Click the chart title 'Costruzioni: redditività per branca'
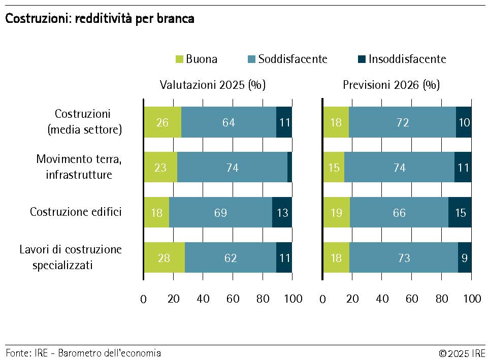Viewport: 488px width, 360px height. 100,19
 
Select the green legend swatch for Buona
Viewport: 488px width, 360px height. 179,59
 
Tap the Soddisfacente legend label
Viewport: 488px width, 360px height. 292,59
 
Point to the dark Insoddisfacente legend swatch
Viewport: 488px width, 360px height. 362,59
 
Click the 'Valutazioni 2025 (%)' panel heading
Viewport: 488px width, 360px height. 213,85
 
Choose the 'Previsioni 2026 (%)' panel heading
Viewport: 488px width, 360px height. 391,85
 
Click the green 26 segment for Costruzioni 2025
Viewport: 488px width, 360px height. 162,122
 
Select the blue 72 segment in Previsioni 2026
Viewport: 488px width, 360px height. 402,122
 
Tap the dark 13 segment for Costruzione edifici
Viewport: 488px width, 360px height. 282,212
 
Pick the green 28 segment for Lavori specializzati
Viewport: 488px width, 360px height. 164,257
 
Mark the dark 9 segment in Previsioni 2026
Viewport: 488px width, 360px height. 465,257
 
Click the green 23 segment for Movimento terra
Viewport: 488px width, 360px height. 160,168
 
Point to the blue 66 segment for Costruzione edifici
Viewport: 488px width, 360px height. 399,212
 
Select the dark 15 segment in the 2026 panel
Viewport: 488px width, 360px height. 460,212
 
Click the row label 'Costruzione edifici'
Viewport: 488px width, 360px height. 76,212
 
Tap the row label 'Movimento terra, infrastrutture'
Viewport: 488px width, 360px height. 79,167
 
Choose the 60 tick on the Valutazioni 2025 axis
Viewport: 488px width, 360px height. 233,299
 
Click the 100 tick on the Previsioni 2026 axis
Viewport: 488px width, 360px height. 472,299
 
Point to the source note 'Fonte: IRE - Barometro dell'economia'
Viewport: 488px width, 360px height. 83,353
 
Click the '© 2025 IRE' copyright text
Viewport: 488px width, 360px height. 462,353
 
